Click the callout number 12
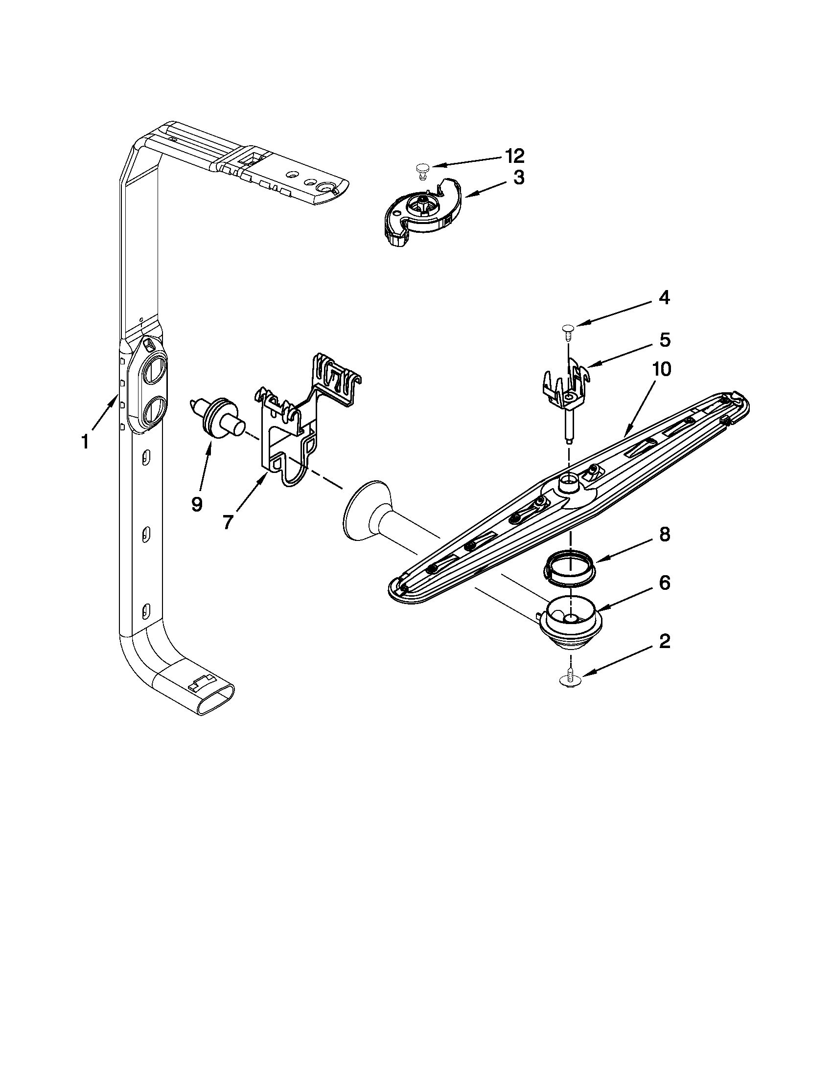514,156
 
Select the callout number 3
518,178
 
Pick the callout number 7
227,522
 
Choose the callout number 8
665,535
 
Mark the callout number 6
665,583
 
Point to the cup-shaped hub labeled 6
570,627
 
